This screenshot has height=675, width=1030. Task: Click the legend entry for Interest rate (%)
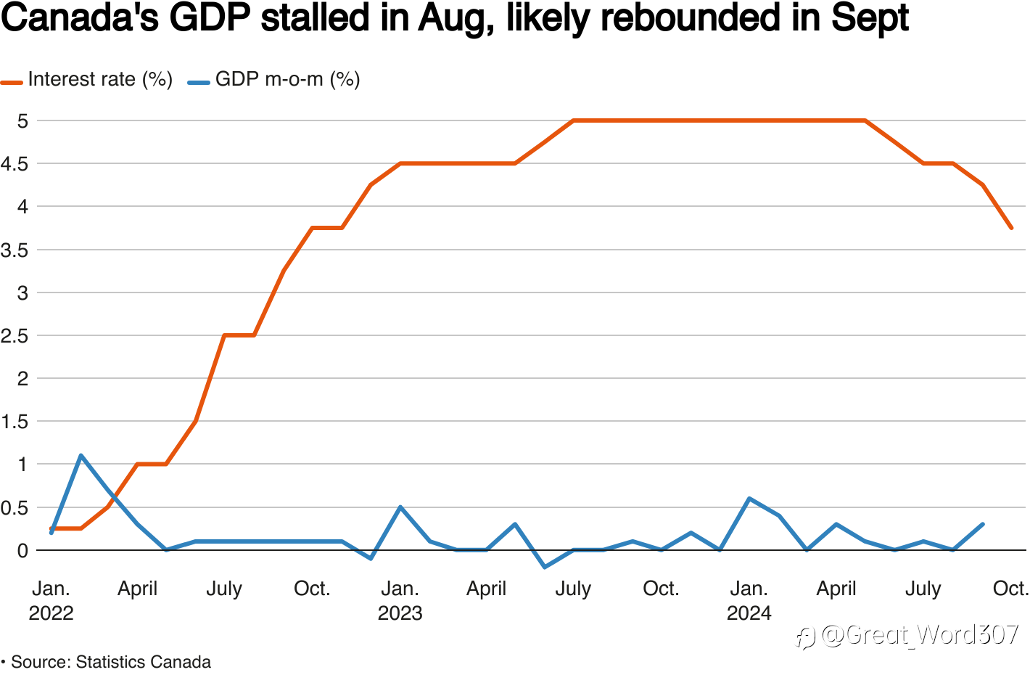99,79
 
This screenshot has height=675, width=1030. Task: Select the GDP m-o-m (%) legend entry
287,79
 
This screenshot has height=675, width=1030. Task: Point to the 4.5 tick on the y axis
14,164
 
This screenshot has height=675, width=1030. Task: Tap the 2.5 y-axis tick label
14,336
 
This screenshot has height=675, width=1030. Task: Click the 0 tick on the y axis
22,550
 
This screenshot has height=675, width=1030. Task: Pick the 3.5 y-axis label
14,250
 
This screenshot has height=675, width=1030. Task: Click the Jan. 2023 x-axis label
400,600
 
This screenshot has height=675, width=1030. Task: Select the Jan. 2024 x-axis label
749,600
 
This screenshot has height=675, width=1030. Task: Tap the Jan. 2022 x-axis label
51,600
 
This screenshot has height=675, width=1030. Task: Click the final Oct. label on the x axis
1010,588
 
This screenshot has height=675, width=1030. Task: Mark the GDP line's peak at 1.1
81,456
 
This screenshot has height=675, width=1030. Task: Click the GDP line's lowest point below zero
545,567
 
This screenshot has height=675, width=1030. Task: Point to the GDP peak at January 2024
749,499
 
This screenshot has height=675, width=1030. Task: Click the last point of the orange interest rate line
1011,228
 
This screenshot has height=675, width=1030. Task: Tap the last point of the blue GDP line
982,524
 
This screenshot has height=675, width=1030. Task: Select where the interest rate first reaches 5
574,120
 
